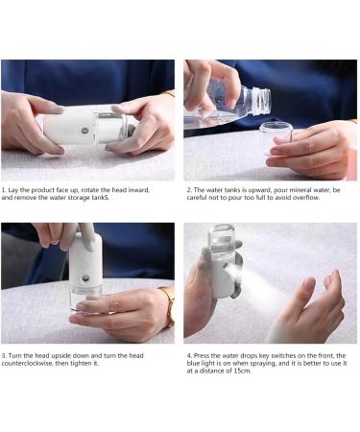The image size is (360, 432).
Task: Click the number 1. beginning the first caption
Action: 4,190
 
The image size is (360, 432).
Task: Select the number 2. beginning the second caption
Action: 188,190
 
